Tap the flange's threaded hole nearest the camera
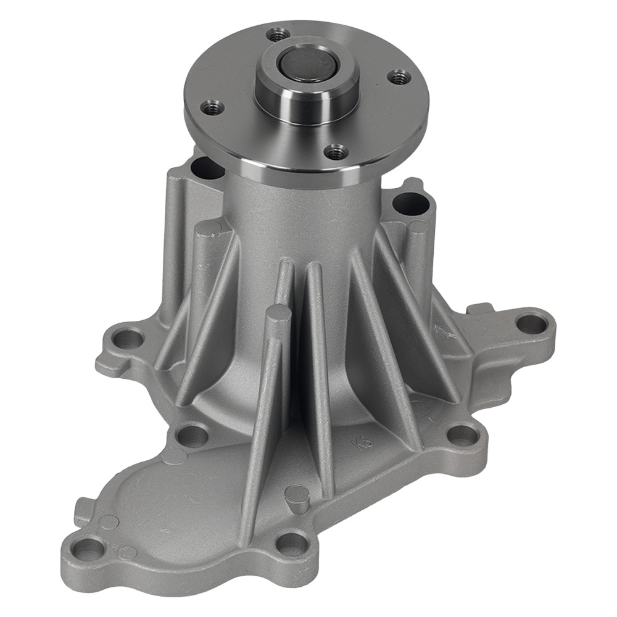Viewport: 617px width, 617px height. [x=336, y=151]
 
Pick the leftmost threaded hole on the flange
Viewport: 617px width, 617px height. [x=212, y=108]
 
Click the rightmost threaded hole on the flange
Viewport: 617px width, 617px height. [x=400, y=78]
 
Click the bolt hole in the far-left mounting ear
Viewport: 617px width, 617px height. [x=128, y=338]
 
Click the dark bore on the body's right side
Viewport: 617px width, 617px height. [x=407, y=204]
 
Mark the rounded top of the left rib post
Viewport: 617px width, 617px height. [x=209, y=230]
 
